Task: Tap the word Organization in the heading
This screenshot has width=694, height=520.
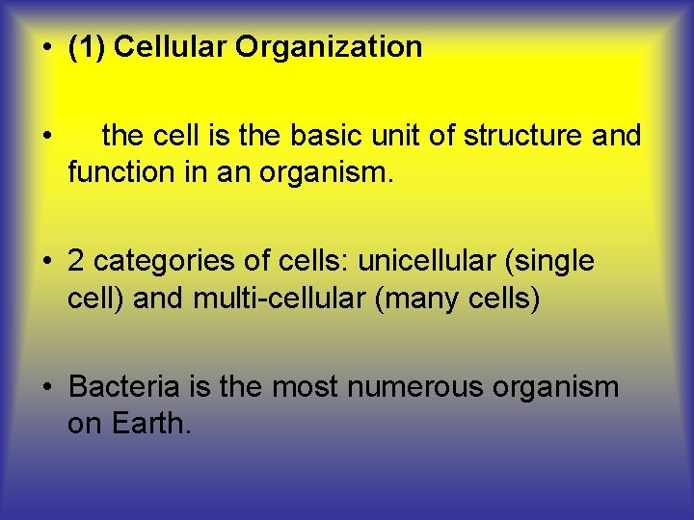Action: pos(328,47)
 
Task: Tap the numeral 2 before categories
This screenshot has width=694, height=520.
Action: pos(76,261)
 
